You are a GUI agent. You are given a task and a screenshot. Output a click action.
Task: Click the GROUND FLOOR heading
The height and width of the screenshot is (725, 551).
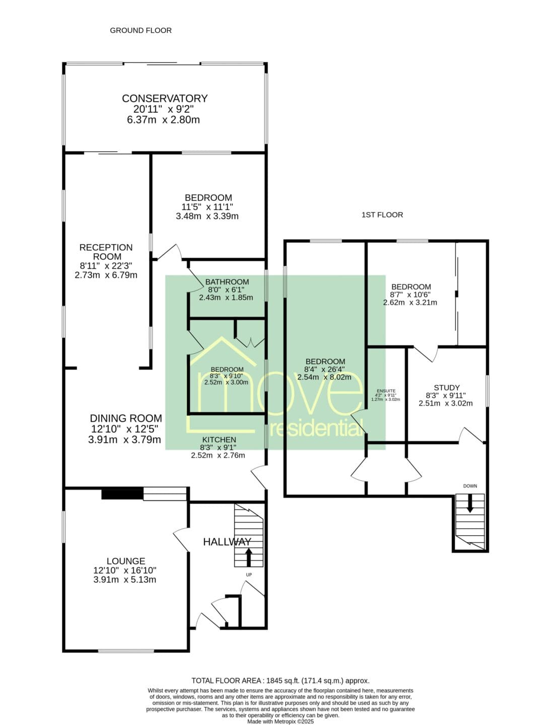coord(141,30)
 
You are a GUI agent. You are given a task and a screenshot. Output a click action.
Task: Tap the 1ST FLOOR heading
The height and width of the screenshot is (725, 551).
coord(382,214)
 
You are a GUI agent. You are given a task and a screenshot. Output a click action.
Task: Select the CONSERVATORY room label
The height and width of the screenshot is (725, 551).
coord(165,98)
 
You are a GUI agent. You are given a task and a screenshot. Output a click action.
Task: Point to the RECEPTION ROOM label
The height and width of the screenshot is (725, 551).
coord(106,252)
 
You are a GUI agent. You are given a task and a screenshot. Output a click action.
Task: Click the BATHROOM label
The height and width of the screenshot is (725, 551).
coord(227,282)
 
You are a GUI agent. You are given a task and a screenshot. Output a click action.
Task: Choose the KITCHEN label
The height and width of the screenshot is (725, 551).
coord(219,440)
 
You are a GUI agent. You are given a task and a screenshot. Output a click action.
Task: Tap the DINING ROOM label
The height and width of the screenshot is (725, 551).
coord(126,418)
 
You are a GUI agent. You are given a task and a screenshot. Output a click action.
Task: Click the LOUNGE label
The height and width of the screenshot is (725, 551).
coord(126,561)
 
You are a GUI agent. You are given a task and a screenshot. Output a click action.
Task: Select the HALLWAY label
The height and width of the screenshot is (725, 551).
coord(227,542)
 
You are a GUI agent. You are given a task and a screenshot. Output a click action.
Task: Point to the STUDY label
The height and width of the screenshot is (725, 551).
coord(447,388)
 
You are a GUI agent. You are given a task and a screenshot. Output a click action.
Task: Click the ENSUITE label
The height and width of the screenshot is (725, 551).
coord(386,391)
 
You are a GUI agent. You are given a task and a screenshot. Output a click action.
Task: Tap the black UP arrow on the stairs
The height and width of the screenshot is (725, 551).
coord(248,557)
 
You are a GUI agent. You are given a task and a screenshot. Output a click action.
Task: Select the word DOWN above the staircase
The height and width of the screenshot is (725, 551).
coord(470,486)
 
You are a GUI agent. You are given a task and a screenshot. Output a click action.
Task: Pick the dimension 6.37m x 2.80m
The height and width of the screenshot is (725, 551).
coord(163,119)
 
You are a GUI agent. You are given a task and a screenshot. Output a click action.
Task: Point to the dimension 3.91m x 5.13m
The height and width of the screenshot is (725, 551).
coord(124,579)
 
